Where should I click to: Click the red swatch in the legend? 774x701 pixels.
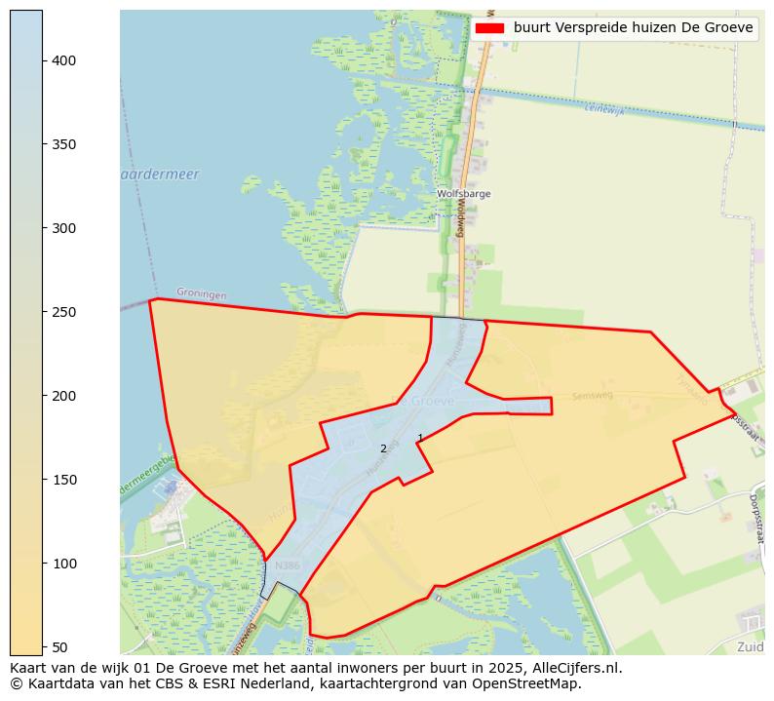490,28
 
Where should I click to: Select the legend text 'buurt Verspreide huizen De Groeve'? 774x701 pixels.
633,28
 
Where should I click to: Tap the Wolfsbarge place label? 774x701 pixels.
463,194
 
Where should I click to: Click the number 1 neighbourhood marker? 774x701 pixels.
420,438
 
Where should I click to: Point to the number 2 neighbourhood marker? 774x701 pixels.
383,448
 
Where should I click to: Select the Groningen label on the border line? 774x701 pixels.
202,293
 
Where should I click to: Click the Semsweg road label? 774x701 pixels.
593,396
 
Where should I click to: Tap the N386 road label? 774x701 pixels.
288,565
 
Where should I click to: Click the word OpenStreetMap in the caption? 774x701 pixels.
531,683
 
